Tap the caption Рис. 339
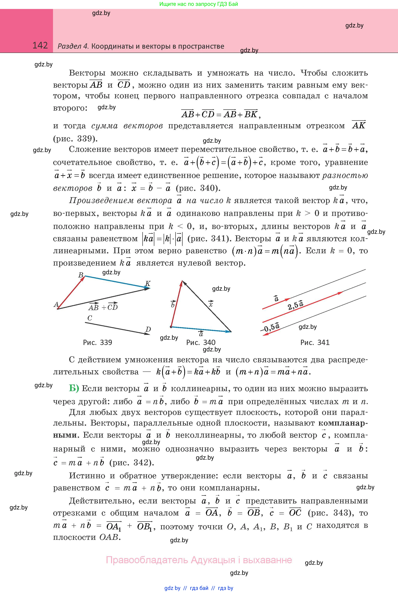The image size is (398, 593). pos(97,343)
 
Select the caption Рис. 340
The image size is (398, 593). pos(201,343)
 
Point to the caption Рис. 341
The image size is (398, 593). pos(315,343)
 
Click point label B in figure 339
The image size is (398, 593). pos(81,275)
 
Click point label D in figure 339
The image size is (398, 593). pos(148,329)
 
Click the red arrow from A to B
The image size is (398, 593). pos(71,292)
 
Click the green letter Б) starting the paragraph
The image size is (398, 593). pos(74,388)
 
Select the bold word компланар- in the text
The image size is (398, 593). pos(343,423)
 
